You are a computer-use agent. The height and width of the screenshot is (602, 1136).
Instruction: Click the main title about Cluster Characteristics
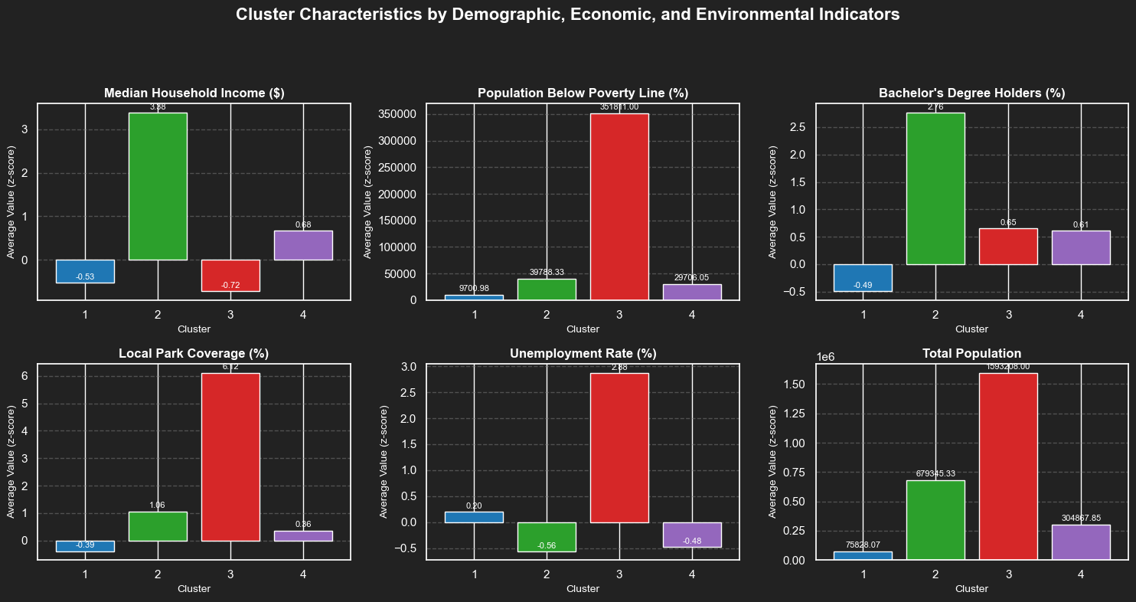pyautogui.click(x=567, y=15)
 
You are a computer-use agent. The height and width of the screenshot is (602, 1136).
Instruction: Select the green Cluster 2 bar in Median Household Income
pyautogui.click(x=158, y=186)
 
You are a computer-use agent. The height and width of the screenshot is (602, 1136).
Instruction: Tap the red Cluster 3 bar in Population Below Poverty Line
pyautogui.click(x=619, y=207)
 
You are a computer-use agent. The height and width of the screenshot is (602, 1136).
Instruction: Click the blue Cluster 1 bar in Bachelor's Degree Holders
pyautogui.click(x=863, y=278)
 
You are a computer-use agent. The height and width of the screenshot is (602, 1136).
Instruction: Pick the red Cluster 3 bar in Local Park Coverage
pyautogui.click(x=230, y=456)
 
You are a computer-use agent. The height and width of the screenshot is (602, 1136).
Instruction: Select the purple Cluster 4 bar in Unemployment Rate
pyautogui.click(x=692, y=535)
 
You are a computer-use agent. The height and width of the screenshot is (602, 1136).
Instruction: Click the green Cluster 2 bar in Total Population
pyautogui.click(x=935, y=520)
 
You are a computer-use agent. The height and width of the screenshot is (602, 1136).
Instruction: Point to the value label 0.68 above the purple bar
pyautogui.click(x=303, y=224)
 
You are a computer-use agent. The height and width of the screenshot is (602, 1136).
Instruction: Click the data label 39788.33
pyautogui.click(x=547, y=273)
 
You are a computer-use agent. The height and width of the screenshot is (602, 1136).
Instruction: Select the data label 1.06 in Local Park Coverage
pyautogui.click(x=158, y=505)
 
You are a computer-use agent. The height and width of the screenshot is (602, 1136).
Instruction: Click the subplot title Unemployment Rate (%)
pyautogui.click(x=583, y=354)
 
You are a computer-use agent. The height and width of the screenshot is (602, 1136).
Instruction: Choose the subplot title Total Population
pyautogui.click(x=971, y=354)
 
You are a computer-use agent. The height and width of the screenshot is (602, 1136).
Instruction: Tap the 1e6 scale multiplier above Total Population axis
pyautogui.click(x=827, y=357)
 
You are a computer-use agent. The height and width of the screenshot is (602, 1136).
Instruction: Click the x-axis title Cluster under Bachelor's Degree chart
pyautogui.click(x=971, y=329)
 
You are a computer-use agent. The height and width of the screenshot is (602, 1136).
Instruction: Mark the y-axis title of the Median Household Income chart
pyautogui.click(x=11, y=201)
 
